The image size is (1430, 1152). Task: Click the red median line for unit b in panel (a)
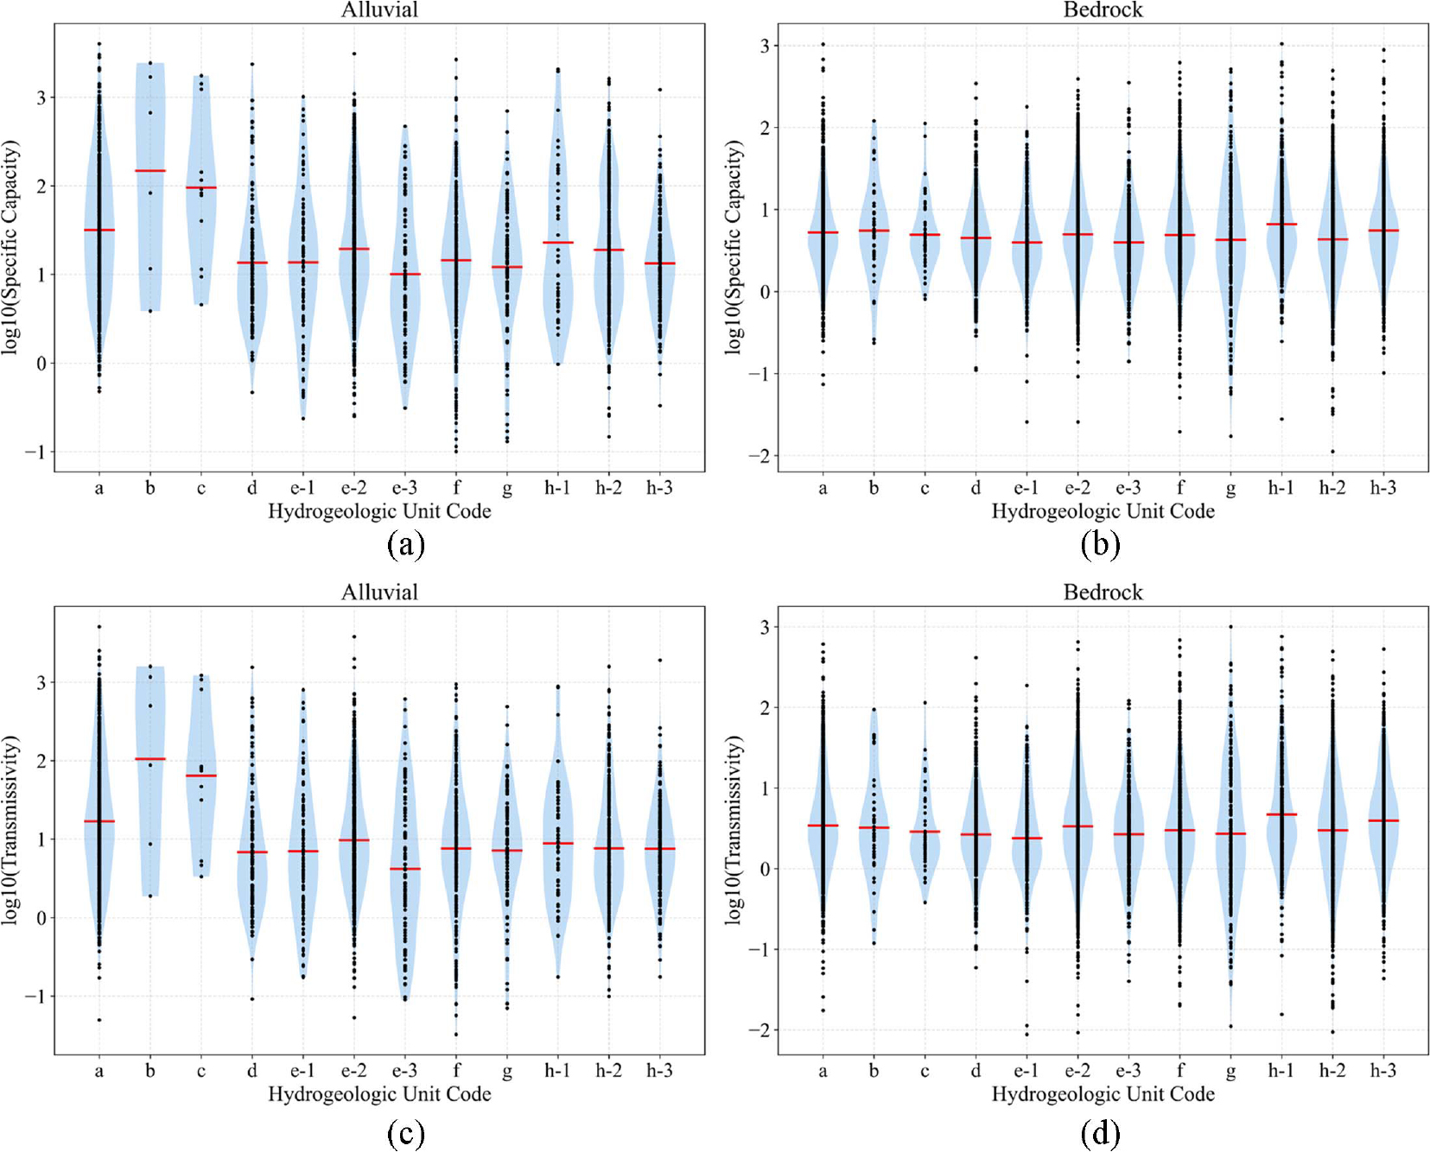(150, 171)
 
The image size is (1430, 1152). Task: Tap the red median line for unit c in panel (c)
(201, 775)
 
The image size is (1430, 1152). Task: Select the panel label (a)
(406, 545)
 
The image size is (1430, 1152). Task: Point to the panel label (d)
(1100, 1132)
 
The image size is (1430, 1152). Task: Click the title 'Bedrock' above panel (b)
(1103, 10)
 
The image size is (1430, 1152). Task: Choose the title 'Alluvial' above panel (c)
(379, 592)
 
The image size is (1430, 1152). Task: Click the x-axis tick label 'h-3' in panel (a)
(659, 488)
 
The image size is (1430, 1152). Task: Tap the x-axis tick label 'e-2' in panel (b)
(1077, 488)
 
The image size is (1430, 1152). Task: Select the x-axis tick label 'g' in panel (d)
(1230, 1073)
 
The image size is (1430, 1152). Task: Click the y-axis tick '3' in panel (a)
(41, 98)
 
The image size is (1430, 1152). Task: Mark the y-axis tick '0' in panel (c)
(41, 918)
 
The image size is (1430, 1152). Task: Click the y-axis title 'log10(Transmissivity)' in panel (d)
(734, 831)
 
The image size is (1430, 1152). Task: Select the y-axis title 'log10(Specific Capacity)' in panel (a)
(10, 248)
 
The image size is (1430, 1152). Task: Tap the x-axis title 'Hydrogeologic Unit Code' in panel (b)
(1103, 512)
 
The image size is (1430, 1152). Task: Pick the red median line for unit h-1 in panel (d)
(1281, 814)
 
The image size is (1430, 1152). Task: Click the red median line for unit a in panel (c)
(99, 821)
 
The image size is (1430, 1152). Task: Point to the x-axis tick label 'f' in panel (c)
(456, 1071)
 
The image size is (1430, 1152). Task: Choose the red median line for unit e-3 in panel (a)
(404, 275)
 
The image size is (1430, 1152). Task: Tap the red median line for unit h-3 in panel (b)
(1383, 231)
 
